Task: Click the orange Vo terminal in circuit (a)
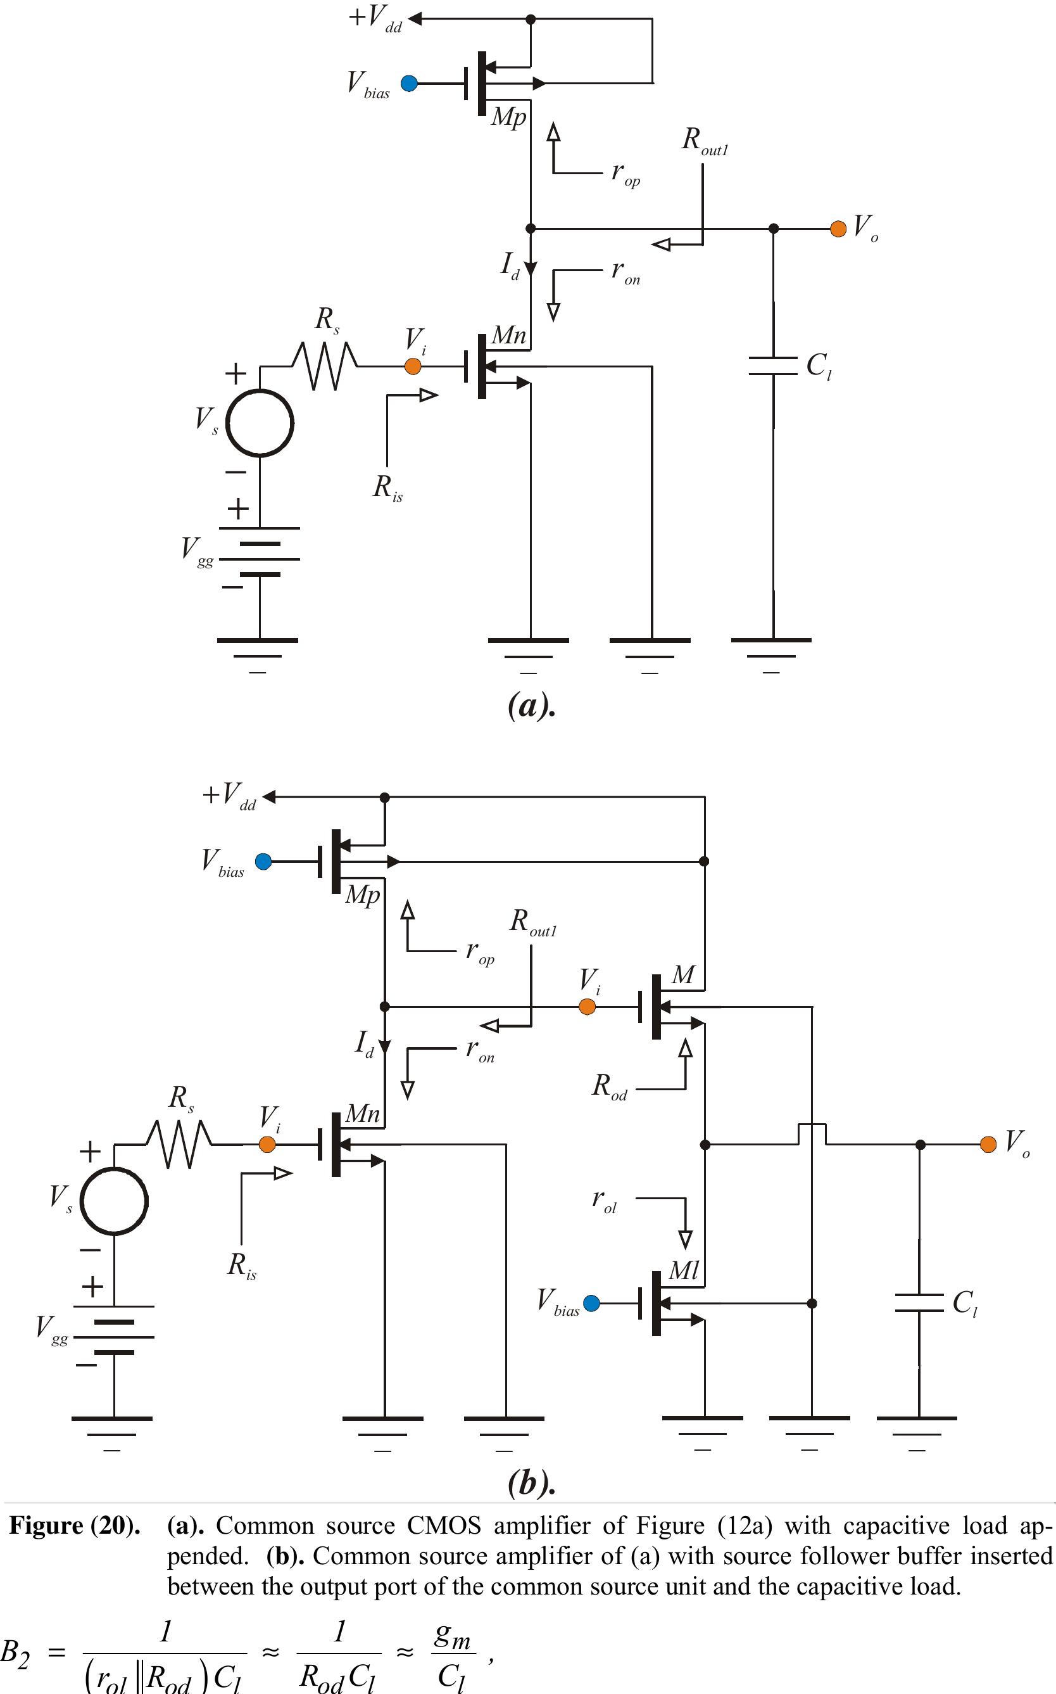coord(838,229)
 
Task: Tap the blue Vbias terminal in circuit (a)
coord(409,84)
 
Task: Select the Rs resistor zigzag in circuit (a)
coord(325,366)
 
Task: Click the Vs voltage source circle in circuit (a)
coord(260,423)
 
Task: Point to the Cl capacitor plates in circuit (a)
coord(772,366)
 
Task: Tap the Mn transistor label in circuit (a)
coord(508,336)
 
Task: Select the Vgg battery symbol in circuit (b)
coord(114,1336)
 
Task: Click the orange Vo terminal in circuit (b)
coord(988,1144)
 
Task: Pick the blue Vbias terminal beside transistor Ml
coord(591,1303)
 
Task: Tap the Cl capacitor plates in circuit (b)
coord(919,1302)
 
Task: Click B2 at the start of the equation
coord(15,1653)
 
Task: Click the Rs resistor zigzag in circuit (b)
coord(179,1144)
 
